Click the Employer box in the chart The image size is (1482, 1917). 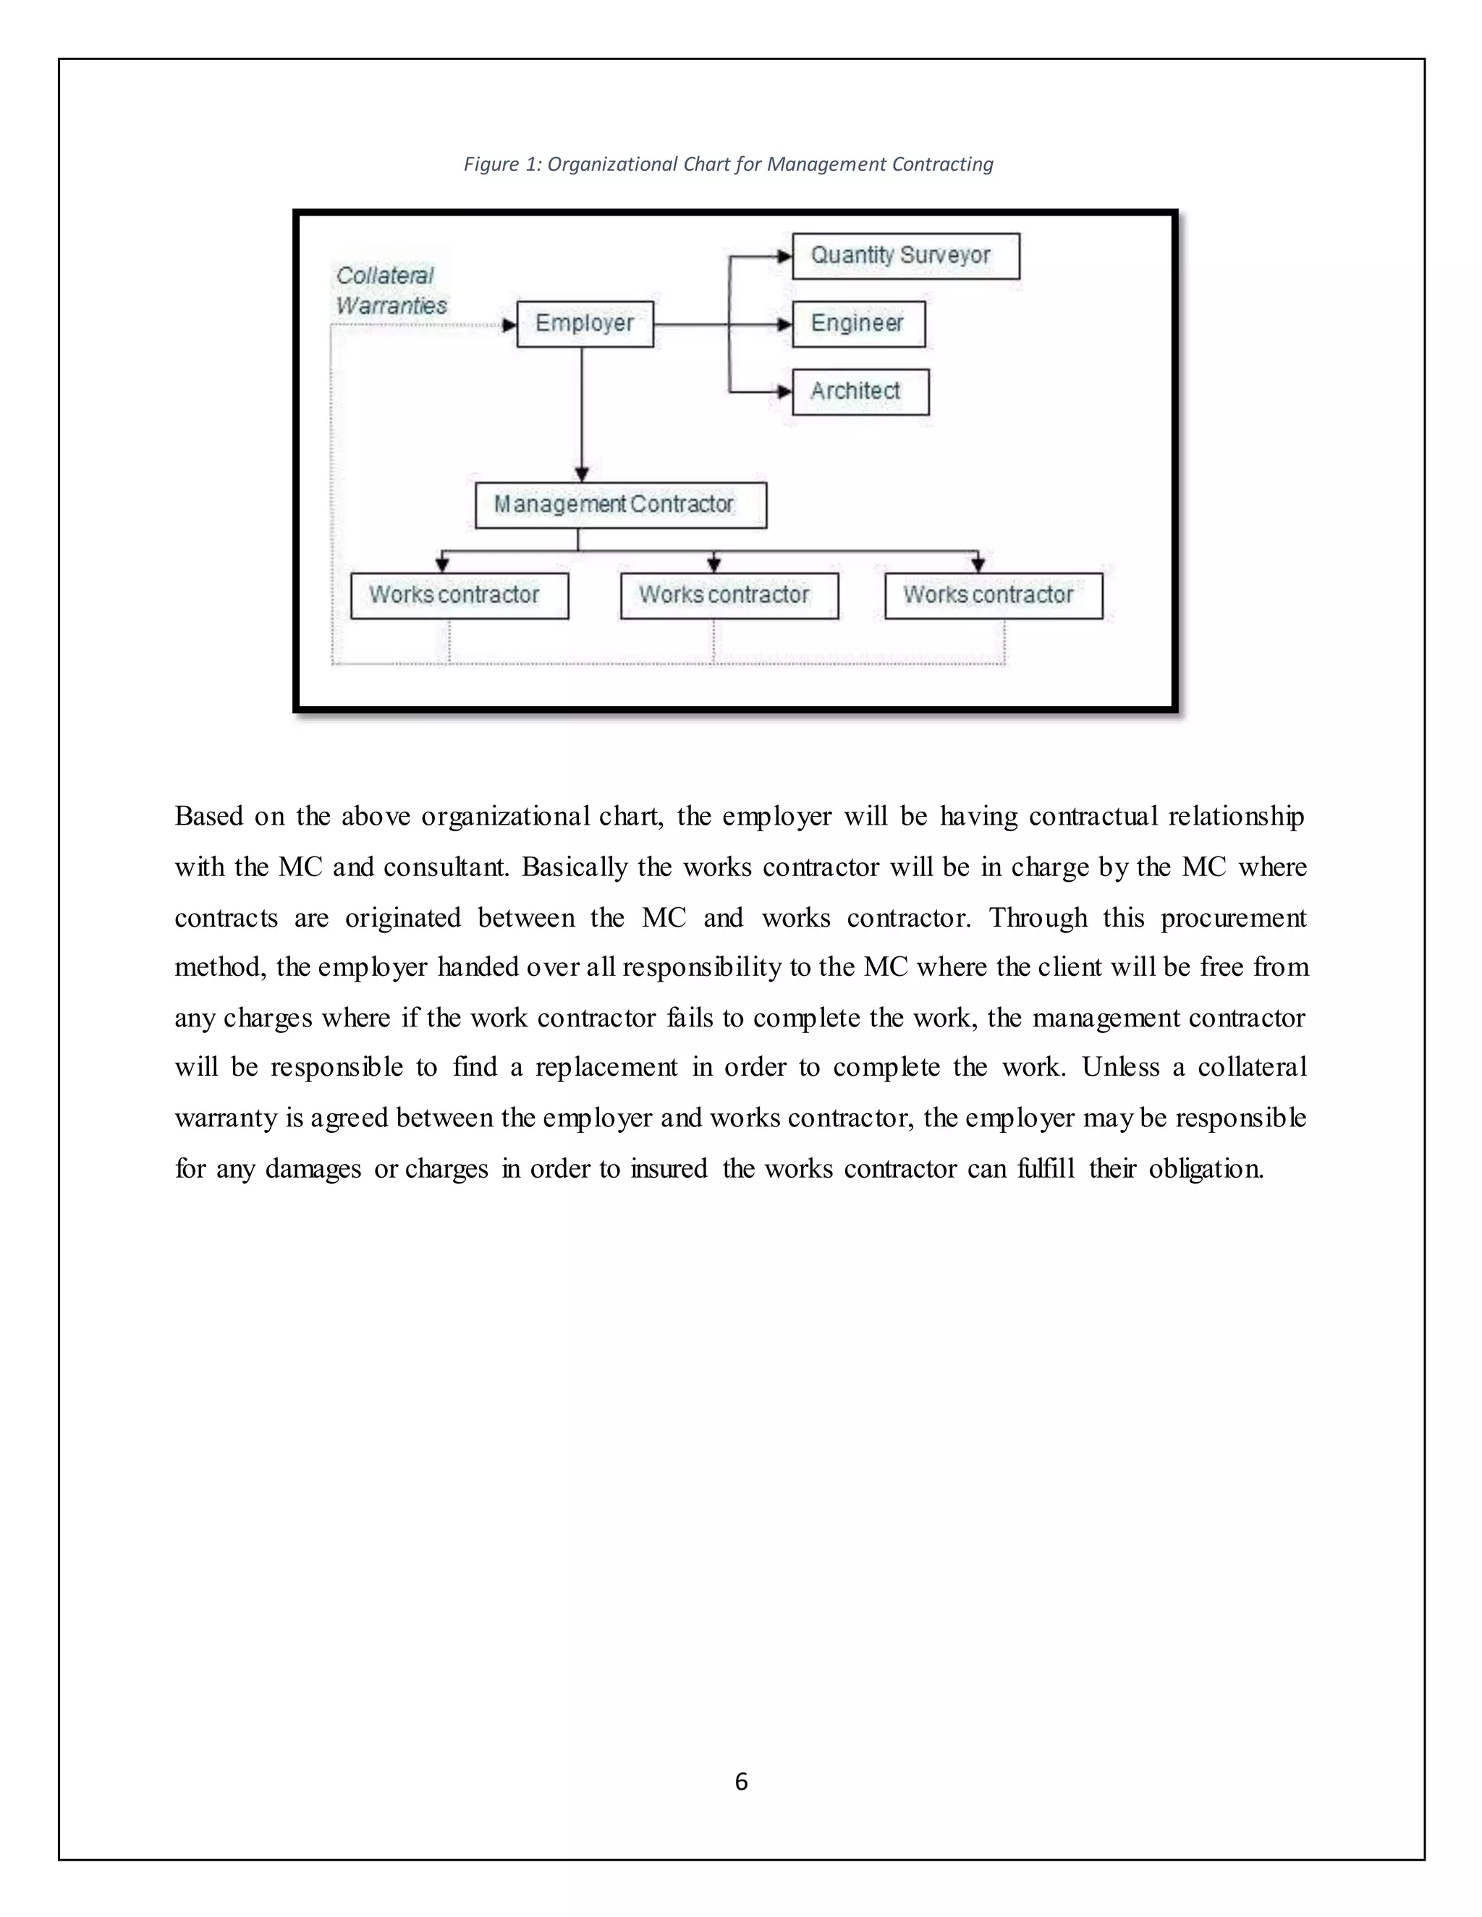click(x=585, y=324)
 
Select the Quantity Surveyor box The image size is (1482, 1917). click(x=905, y=256)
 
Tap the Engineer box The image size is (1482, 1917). click(x=858, y=324)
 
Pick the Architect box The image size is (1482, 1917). click(x=860, y=391)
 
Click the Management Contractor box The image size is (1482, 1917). click(x=620, y=505)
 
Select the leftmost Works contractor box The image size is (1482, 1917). click(x=460, y=596)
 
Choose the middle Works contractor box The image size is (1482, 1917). click(x=729, y=596)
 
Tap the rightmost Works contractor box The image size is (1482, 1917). click(x=993, y=596)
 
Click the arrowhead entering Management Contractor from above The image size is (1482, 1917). click(x=581, y=475)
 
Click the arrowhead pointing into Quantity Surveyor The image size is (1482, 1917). click(x=784, y=256)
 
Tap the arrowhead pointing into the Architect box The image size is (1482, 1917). click(x=784, y=391)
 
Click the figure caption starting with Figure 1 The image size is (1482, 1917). click(x=728, y=164)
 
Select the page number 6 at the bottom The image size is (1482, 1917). click(x=741, y=1781)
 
